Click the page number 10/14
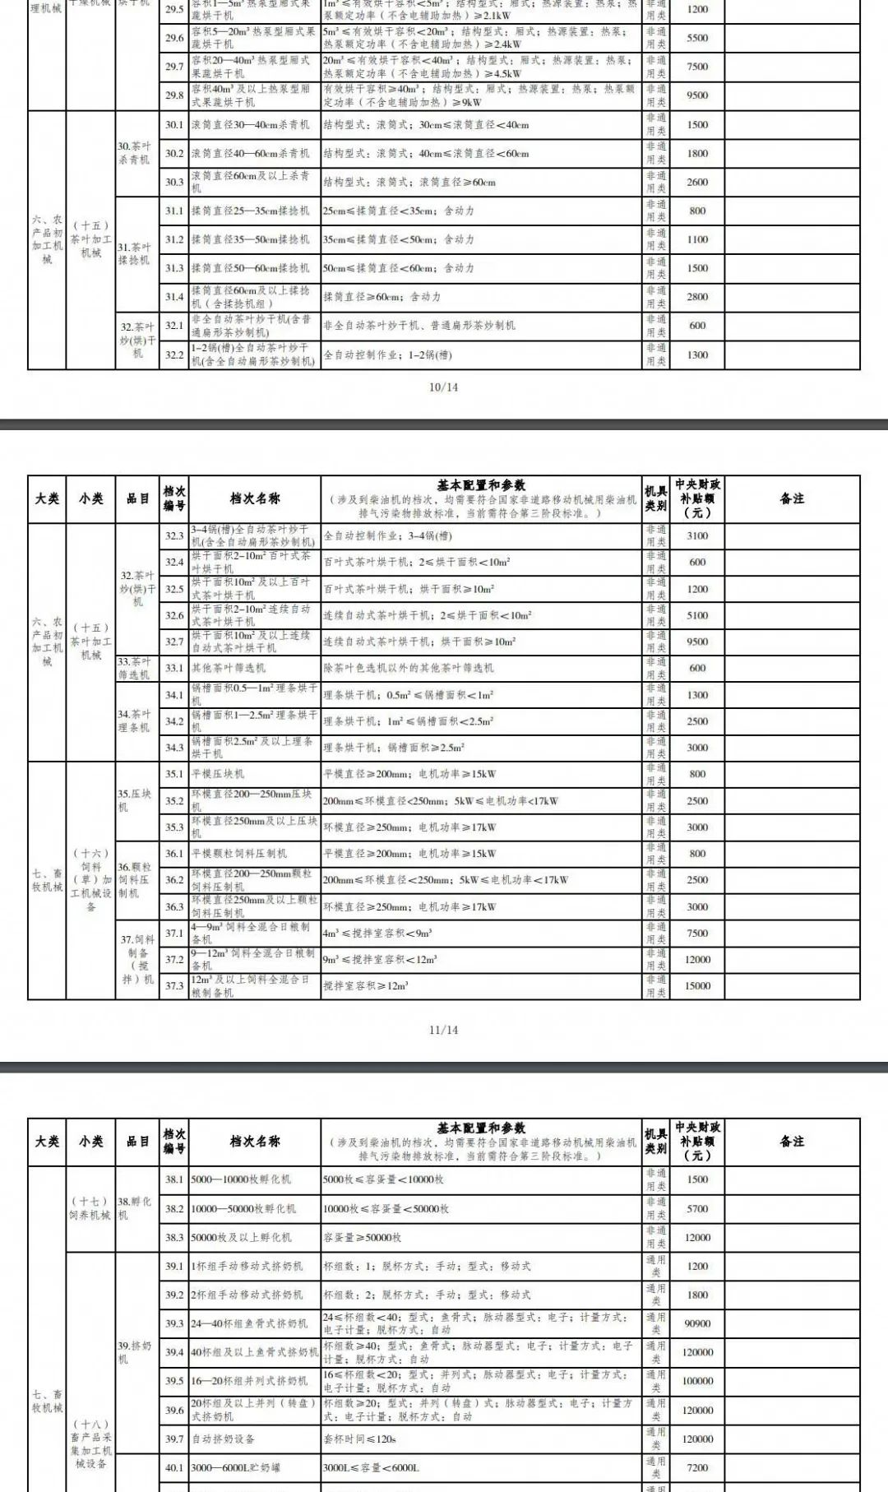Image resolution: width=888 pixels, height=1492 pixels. click(x=443, y=387)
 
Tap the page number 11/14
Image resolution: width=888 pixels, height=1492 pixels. click(x=443, y=1030)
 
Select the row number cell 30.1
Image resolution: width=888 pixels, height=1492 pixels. click(x=173, y=125)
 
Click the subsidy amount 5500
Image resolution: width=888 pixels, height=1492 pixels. click(x=697, y=38)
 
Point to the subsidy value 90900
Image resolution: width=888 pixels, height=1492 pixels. click(x=697, y=1323)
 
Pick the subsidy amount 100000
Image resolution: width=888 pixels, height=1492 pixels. click(x=697, y=1381)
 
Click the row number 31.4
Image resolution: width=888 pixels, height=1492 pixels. click(x=173, y=297)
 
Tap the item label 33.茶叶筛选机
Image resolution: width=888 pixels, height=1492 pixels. click(x=135, y=668)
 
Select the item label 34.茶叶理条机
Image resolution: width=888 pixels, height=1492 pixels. click(x=135, y=721)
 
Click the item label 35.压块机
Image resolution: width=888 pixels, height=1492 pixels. click(x=135, y=800)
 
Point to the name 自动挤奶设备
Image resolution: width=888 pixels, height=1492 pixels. click(x=224, y=1439)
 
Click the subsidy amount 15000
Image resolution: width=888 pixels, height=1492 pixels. click(x=697, y=985)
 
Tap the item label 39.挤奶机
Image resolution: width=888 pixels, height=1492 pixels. click(x=135, y=1352)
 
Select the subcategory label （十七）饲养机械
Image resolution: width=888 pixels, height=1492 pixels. click(x=90, y=1208)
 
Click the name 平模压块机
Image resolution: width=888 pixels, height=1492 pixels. click(x=218, y=774)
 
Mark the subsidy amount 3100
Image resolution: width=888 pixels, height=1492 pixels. click(x=697, y=535)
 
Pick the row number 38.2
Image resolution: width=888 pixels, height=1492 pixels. click(x=173, y=1208)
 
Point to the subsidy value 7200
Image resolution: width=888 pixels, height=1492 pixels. click(x=697, y=1467)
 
